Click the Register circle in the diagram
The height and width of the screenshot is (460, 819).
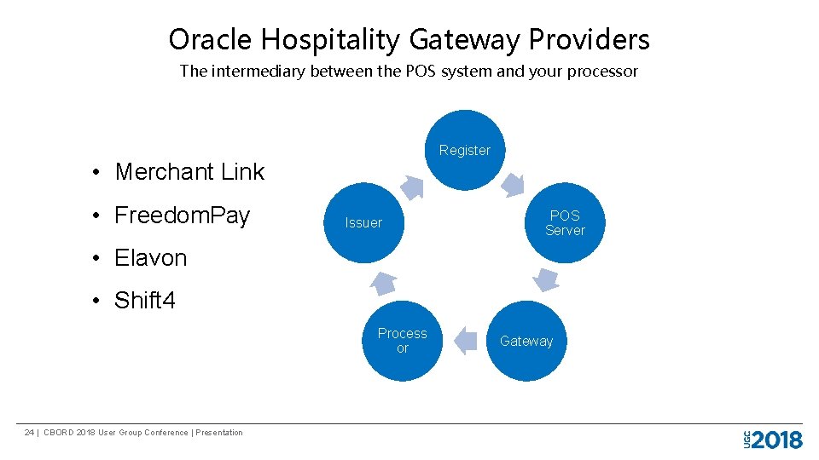click(x=465, y=150)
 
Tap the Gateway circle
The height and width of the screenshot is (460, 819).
click(x=526, y=341)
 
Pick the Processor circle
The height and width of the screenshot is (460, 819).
click(x=403, y=341)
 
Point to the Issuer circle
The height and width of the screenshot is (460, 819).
click(x=364, y=222)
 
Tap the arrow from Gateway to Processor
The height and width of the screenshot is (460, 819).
click(x=465, y=341)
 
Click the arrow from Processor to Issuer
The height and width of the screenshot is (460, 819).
click(x=384, y=282)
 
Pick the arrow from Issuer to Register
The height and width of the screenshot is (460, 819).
click(x=412, y=187)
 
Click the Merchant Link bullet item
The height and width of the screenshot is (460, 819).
click(x=189, y=172)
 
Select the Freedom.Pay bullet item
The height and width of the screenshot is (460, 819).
click(x=182, y=216)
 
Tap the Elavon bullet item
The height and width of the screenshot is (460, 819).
click(x=150, y=258)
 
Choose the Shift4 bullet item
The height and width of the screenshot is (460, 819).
click(x=144, y=301)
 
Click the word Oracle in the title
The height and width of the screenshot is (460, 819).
click(x=211, y=40)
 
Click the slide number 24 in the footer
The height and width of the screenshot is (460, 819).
click(x=29, y=433)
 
